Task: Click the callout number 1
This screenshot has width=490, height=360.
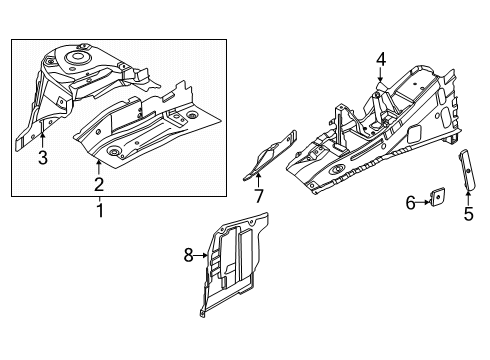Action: pyautogui.click(x=98, y=212)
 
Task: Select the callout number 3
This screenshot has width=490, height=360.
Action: pyautogui.click(x=42, y=157)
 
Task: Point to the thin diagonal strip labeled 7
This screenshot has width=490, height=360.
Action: pyautogui.click(x=272, y=157)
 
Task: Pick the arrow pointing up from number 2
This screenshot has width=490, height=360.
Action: pyautogui.click(x=98, y=165)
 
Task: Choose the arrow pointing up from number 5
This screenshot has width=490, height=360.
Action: pyautogui.click(x=467, y=194)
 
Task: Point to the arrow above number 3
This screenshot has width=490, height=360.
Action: pyautogui.click(x=42, y=141)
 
